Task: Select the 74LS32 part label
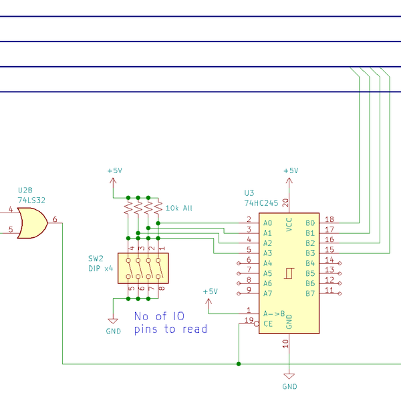pyautogui.click(x=31, y=200)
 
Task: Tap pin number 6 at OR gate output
pyautogui.click(x=55, y=219)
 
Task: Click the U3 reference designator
pyautogui.click(x=250, y=192)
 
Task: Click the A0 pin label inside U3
pyautogui.click(x=267, y=223)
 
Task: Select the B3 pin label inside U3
pyautogui.click(x=309, y=253)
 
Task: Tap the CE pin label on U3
pyautogui.click(x=267, y=323)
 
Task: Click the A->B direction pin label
pyautogui.click(x=275, y=313)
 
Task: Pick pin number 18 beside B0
pyautogui.click(x=329, y=219)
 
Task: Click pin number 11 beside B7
pyautogui.click(x=329, y=289)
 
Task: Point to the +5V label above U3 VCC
pyautogui.click(x=291, y=171)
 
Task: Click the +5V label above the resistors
pyautogui.click(x=114, y=171)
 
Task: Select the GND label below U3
pyautogui.click(x=289, y=386)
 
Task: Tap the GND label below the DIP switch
pyautogui.click(x=114, y=331)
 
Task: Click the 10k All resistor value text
pyautogui.click(x=178, y=209)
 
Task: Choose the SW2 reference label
pyautogui.click(x=96, y=258)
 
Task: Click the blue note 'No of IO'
pyautogui.click(x=159, y=316)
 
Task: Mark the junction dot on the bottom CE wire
pyautogui.click(x=239, y=364)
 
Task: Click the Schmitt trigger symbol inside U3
pyautogui.click(x=289, y=273)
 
